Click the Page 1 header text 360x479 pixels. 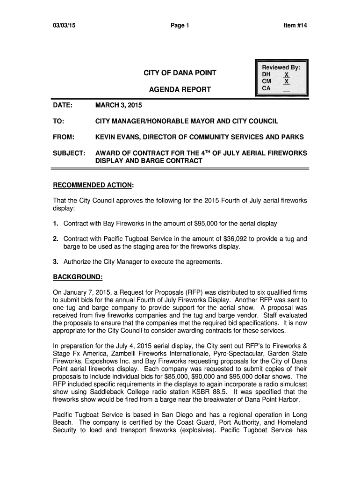coord(180,26)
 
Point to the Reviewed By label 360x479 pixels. coord(281,68)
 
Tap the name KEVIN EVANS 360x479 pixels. coord(116,137)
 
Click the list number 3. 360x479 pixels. coord(55,262)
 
